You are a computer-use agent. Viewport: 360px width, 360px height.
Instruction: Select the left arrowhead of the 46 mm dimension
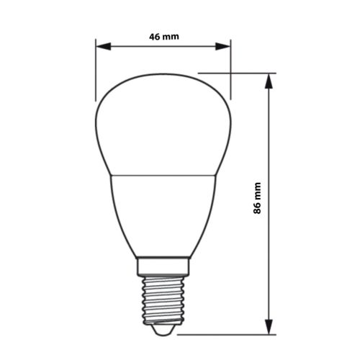point(102,48)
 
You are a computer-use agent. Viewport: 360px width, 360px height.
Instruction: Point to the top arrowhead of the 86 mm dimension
point(271,79)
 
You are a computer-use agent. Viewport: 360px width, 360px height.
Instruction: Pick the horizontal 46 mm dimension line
point(163,48)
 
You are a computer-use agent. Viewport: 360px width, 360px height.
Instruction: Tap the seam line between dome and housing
point(163,174)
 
